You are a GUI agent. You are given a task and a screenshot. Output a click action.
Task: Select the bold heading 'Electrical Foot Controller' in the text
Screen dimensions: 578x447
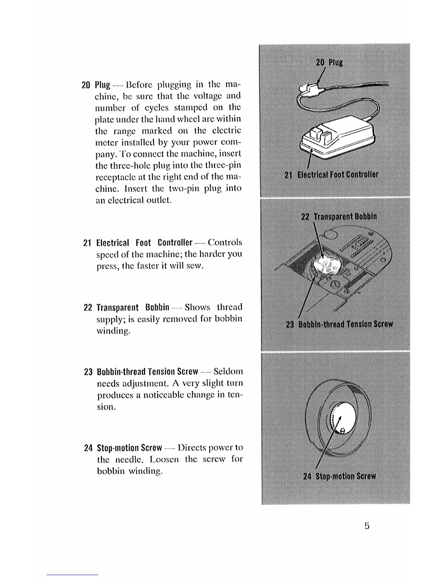144,243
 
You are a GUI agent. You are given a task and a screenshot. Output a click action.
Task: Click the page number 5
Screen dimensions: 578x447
367,526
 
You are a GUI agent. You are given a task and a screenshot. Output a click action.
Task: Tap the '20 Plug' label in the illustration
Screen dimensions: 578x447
329,62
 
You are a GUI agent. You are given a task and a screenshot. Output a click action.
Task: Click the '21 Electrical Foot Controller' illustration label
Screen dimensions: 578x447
331,174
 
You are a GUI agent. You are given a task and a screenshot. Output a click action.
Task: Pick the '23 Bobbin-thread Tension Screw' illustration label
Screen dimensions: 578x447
339,324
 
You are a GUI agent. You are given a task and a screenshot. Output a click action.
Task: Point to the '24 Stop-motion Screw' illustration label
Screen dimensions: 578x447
339,476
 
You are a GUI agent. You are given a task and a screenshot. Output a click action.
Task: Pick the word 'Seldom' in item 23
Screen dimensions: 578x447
228,372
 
